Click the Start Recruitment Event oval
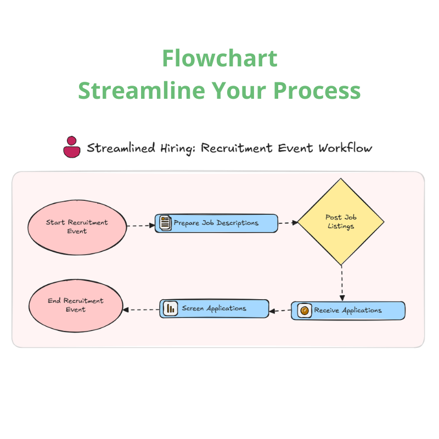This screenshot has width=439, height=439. [77, 227]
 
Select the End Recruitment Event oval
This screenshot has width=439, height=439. [75, 305]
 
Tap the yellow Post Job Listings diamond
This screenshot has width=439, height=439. [340, 222]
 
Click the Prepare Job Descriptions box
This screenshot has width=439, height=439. [216, 223]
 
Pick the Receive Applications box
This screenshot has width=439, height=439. [348, 311]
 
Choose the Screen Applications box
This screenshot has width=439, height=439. [214, 308]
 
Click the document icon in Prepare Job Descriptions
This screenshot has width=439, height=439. [165, 223]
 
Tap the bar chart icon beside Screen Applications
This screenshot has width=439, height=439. [170, 308]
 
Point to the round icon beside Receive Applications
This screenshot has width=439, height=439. [304, 311]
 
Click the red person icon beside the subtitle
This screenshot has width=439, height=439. [72, 147]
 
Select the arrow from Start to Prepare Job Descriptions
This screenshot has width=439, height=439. [141, 225]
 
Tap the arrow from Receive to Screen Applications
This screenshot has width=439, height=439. [280, 311]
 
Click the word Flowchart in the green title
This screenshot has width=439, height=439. [219, 58]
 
